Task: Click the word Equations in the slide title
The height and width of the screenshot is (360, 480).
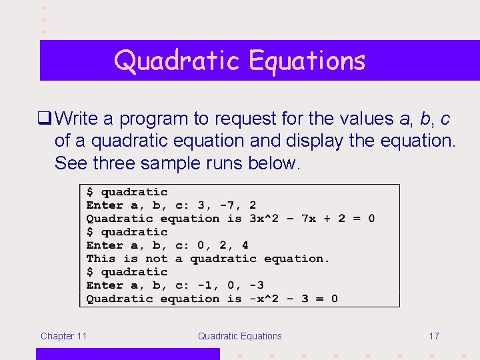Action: (307, 61)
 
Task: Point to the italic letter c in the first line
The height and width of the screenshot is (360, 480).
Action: (445, 119)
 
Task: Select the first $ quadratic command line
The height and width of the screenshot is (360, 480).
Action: (127, 192)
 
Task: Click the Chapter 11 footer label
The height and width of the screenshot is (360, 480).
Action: (63, 336)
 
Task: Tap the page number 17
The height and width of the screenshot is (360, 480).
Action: (433, 336)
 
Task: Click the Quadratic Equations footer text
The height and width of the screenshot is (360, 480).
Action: (239, 336)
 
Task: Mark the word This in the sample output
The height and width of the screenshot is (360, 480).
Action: (101, 259)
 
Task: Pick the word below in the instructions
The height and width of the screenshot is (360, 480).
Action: (273, 163)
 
